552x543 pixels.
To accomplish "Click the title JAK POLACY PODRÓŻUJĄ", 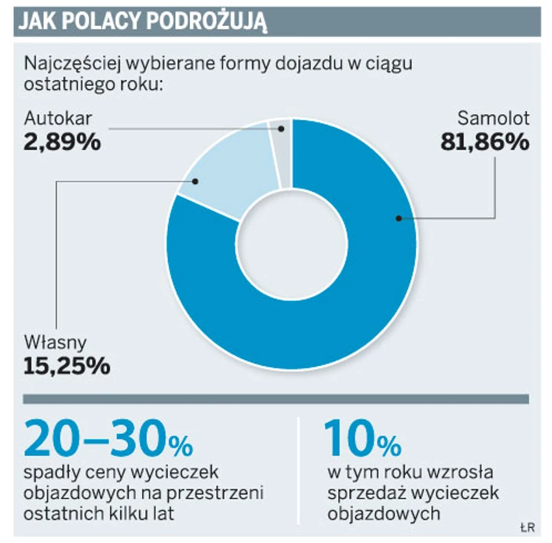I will click(x=141, y=21).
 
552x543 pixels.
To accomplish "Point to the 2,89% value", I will click(x=62, y=142).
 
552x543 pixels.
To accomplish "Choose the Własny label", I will click(x=56, y=341).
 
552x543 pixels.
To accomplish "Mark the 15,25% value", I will click(x=67, y=365).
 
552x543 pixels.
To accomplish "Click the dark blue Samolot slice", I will click(x=357, y=288).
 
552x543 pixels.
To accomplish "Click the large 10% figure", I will click(x=363, y=439).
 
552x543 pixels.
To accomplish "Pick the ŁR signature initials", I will click(x=527, y=527).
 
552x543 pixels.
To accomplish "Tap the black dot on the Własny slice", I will click(x=196, y=182).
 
